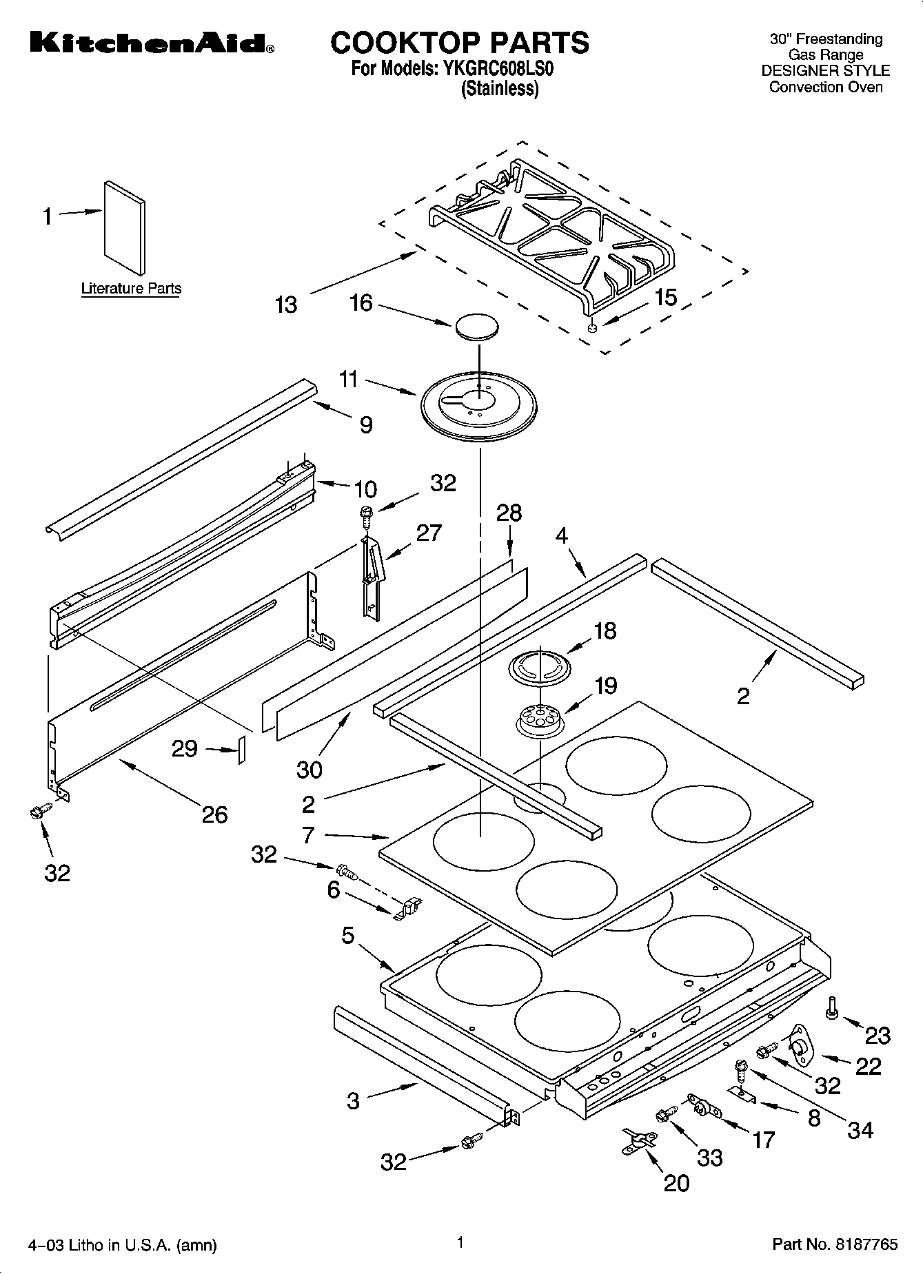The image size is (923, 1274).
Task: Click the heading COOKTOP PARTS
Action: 460,43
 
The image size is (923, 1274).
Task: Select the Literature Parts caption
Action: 131,288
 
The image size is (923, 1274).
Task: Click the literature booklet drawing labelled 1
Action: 125,227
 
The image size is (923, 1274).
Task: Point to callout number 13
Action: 285,304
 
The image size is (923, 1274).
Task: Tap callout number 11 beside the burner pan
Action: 349,379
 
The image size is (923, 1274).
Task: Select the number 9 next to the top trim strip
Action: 366,424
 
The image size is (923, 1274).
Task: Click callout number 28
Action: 509,513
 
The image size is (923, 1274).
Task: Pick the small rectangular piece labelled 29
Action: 241,749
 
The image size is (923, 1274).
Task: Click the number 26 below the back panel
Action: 214,814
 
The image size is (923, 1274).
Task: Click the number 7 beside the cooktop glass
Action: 308,835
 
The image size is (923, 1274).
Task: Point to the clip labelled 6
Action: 407,910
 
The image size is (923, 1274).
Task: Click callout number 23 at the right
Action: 878,1035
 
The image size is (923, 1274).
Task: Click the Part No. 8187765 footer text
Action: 835,1244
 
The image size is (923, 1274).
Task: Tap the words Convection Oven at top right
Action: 826,87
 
